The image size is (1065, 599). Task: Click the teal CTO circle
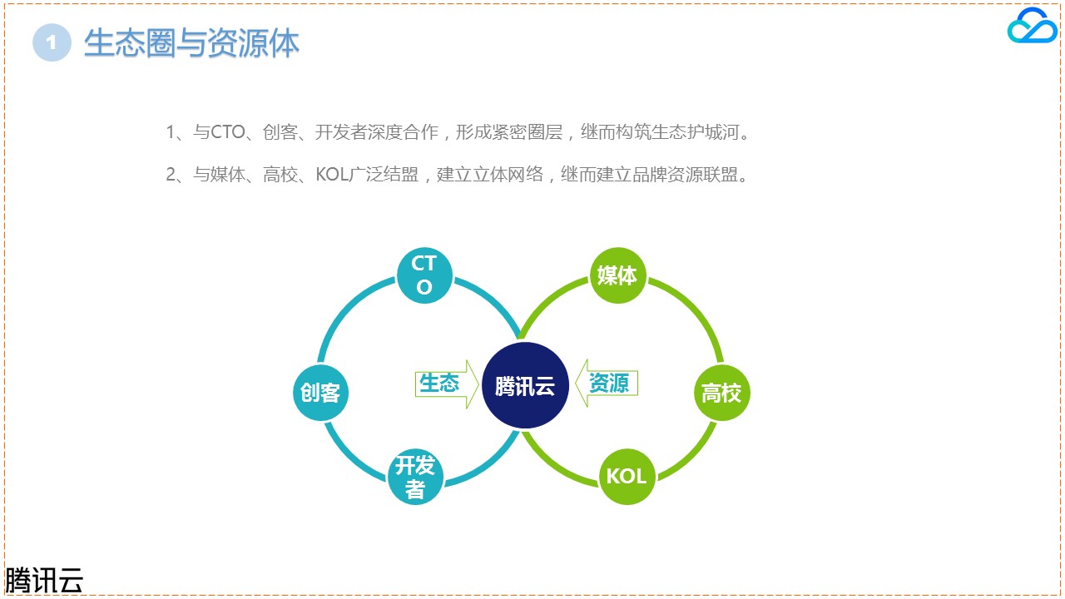tap(424, 275)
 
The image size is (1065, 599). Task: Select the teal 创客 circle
tap(320, 393)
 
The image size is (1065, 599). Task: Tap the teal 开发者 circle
tap(415, 477)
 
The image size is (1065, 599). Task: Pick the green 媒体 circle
tap(617, 275)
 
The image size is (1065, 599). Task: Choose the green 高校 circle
tap(721, 393)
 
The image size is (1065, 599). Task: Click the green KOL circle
tap(627, 477)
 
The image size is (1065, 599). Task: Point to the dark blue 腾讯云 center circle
tap(525, 385)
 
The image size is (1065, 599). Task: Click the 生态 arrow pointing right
tap(447, 384)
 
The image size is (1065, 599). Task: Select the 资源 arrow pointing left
tap(607, 384)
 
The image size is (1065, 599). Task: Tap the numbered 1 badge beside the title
tap(52, 42)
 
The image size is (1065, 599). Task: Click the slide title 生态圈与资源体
tap(191, 42)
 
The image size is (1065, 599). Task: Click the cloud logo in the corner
tap(1032, 26)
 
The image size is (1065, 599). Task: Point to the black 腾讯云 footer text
tap(44, 580)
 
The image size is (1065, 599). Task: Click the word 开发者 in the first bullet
tap(341, 132)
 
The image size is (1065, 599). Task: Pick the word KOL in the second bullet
tap(332, 175)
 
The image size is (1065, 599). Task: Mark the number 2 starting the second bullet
tap(171, 175)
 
